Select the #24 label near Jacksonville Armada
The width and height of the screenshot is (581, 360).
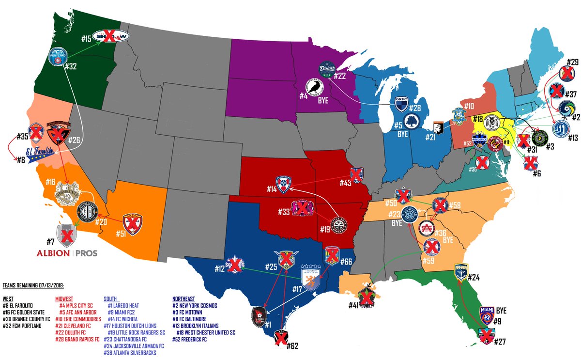pos(474,278)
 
